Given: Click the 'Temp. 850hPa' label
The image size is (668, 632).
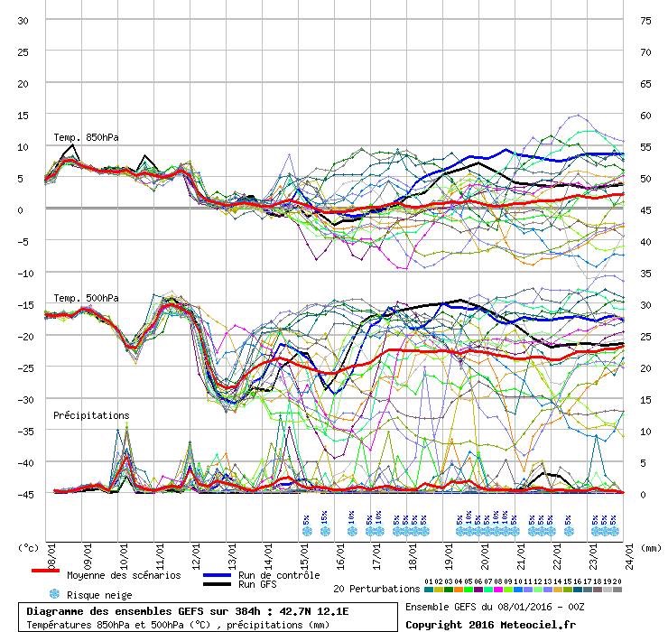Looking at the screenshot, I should pyautogui.click(x=86, y=137).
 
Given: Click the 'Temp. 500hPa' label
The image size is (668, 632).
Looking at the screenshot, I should pyautogui.click(x=86, y=298).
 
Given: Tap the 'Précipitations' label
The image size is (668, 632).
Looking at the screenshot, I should pyautogui.click(x=91, y=415).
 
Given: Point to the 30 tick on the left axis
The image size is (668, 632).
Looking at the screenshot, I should pyautogui.click(x=23, y=20).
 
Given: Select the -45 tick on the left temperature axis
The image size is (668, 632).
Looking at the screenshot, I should pyautogui.click(x=23, y=494).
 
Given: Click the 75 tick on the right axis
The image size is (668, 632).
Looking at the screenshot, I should pyautogui.click(x=645, y=20).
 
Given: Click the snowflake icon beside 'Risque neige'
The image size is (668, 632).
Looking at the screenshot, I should pyautogui.click(x=53, y=594).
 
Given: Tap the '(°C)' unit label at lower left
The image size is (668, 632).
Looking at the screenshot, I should pyautogui.click(x=27, y=546).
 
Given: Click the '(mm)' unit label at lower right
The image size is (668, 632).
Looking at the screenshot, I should pyautogui.click(x=649, y=546).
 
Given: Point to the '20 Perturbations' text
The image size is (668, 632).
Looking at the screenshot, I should pyautogui.click(x=376, y=589).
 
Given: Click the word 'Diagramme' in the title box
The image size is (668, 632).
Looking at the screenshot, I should pyautogui.click(x=60, y=610).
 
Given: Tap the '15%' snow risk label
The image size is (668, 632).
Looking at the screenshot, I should pyautogui.click(x=324, y=519).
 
